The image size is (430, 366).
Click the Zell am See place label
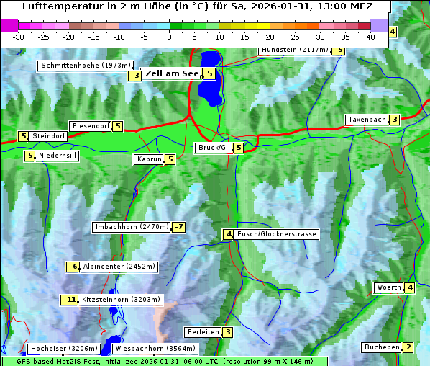172,73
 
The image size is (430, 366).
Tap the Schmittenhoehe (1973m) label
85,66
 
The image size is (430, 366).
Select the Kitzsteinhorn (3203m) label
122,300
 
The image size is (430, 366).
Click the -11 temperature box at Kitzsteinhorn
69,300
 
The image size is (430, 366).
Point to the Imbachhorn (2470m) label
132,228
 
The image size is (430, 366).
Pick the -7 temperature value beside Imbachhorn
178,228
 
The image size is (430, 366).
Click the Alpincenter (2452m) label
119,267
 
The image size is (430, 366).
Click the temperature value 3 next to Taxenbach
394,120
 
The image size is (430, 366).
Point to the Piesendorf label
90,126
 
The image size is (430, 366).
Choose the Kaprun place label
149,160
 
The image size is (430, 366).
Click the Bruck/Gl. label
214,148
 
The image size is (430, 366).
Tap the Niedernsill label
58,155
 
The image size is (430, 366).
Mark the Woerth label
389,287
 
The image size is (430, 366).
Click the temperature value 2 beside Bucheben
408,347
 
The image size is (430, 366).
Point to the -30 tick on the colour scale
19,36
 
